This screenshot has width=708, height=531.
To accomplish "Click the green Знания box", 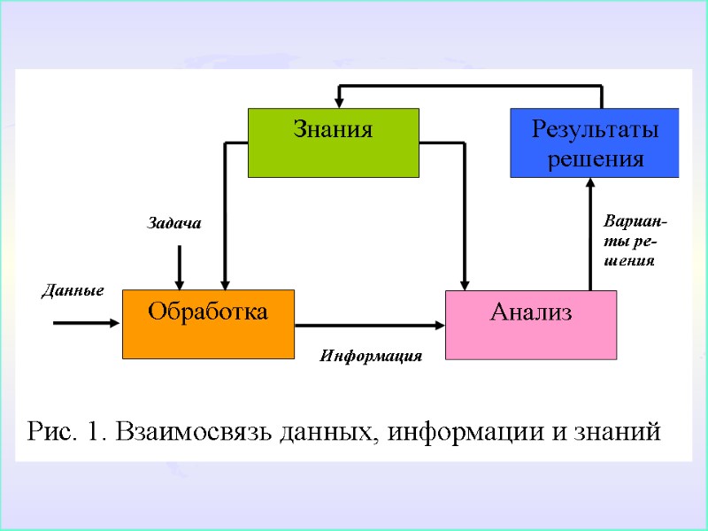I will (x=333, y=142).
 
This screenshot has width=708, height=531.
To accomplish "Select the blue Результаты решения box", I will (x=595, y=142).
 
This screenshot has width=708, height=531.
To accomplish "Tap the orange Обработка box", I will (x=208, y=324).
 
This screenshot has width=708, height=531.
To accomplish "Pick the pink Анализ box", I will (x=530, y=324).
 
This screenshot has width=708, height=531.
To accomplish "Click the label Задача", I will (x=173, y=225).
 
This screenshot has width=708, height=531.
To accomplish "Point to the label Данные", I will (x=73, y=290).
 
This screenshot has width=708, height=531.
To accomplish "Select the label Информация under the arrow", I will (x=371, y=357).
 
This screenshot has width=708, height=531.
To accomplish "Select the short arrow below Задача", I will (x=180, y=265).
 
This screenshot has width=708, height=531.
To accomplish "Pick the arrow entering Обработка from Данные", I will (x=86, y=323).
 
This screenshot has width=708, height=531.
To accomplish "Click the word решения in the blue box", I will (x=595, y=159).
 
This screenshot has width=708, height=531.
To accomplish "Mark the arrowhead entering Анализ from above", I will (x=465, y=282).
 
